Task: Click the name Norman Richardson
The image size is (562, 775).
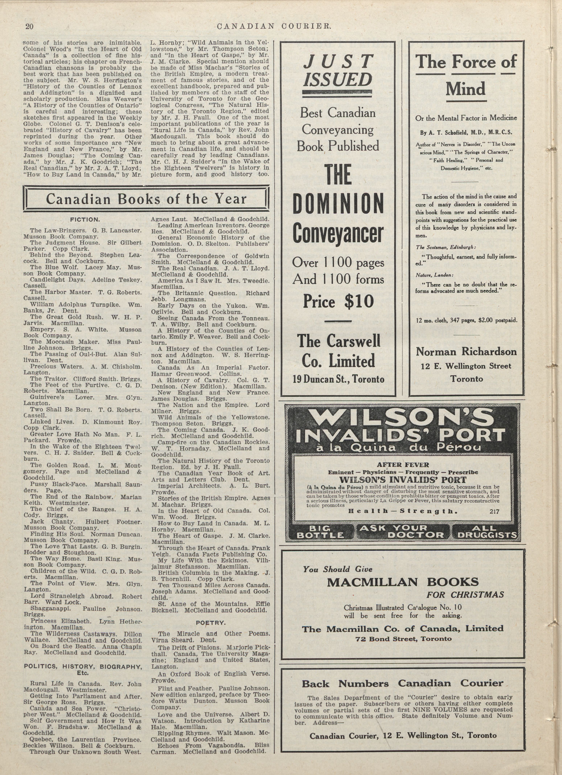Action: click(x=466, y=352)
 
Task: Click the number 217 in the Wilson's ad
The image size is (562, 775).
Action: click(x=494, y=512)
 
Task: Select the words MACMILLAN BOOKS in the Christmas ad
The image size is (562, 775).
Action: click(x=403, y=582)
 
